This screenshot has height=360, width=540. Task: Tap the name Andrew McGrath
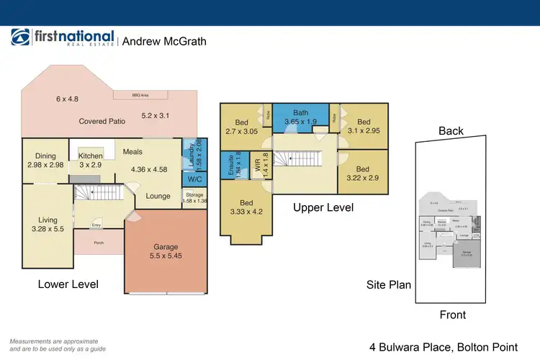point(164,41)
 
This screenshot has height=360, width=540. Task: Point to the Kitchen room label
point(91,156)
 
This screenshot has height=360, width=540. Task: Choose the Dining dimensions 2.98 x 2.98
point(45,166)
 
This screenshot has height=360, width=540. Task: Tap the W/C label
point(194,179)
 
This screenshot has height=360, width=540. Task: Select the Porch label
point(99,243)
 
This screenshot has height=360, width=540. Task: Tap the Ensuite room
point(230,171)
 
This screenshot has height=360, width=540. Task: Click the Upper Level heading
point(323,207)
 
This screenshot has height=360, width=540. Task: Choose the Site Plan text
point(389,284)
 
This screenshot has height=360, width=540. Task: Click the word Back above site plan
point(451,131)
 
